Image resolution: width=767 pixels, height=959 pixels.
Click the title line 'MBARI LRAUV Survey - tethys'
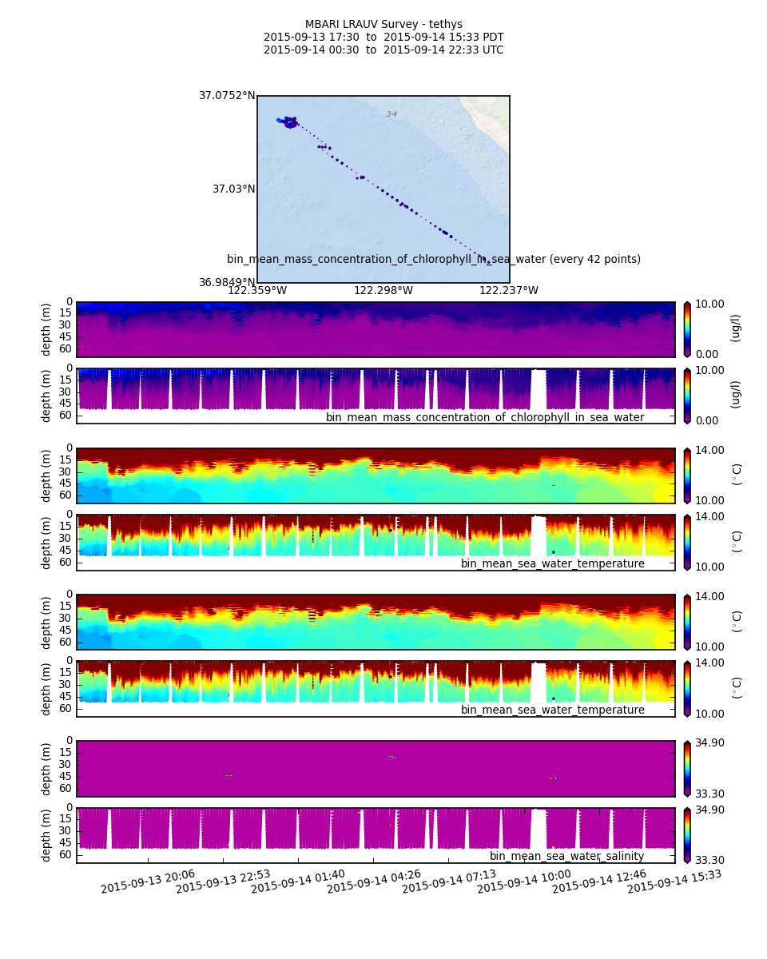383,24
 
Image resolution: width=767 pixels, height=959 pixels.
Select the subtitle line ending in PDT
383,37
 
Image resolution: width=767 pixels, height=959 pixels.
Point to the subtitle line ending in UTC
383,50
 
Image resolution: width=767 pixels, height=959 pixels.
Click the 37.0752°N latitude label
227,96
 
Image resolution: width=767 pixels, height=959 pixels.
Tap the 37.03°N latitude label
233,189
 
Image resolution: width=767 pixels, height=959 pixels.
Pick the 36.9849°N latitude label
227,282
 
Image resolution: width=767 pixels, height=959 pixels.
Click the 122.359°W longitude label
257,291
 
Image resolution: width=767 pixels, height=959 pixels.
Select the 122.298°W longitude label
383,291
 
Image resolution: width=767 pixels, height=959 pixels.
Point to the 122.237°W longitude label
509,291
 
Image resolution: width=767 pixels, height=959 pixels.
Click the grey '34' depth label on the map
391,114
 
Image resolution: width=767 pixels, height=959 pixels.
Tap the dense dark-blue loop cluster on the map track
290,122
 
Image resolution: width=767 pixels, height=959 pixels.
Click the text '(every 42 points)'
594,259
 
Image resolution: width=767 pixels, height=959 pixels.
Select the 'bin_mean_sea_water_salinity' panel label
566,856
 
